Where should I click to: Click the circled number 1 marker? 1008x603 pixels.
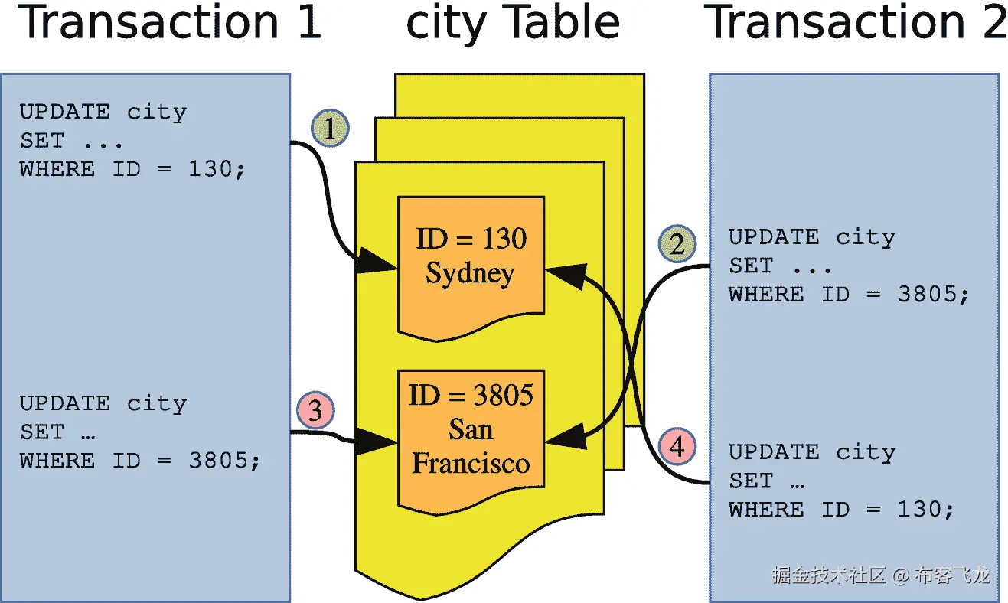[x=330, y=130]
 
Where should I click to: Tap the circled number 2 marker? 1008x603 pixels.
[x=677, y=245]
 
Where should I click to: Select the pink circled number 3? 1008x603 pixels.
[x=315, y=412]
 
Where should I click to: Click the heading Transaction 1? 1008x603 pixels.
[x=169, y=23]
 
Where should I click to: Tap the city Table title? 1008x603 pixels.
[x=512, y=23]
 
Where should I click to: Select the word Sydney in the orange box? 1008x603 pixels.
[x=470, y=273]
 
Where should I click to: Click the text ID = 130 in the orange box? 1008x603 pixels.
[x=471, y=239]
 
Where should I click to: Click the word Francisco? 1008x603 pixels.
[x=471, y=463]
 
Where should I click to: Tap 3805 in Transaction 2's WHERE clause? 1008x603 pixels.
[x=928, y=295]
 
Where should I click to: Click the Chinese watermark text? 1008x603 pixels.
[x=880, y=575]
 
